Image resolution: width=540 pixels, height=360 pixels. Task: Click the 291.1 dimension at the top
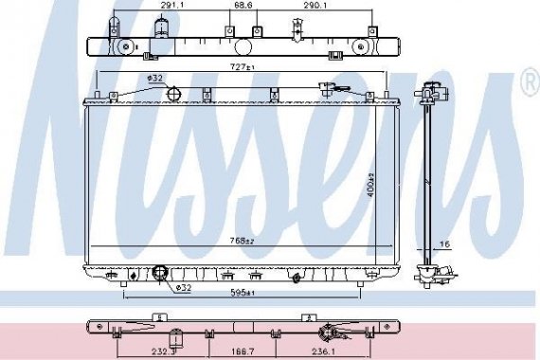(x=171, y=6)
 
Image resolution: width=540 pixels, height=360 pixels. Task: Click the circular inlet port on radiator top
(x=174, y=92)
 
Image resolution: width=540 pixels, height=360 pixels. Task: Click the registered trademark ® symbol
(x=530, y=85)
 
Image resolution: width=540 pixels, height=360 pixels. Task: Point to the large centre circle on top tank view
(x=243, y=45)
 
